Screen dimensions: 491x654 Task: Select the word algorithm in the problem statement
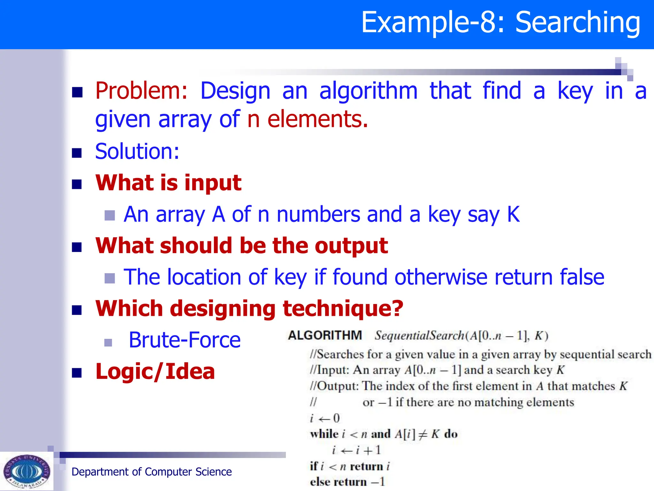368,91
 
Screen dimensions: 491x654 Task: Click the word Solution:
137,151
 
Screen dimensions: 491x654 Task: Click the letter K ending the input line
513,214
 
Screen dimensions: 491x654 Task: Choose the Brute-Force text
185,340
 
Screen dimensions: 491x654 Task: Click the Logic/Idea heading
155,371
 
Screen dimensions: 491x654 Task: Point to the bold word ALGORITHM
325,335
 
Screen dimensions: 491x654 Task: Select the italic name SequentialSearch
419,336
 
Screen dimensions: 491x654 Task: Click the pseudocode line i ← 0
325,418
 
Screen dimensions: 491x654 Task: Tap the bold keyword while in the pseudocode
324,434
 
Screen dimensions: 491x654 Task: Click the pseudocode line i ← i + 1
356,450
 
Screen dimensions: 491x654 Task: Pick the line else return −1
347,482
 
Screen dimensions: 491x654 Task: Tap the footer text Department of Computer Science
151,472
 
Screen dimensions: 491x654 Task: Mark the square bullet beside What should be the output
77,247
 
